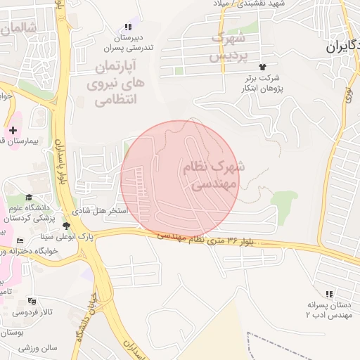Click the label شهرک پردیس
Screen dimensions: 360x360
pos(230,44)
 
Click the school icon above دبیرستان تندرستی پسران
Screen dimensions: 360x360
pos(127,27)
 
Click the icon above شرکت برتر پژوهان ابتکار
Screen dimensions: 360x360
pos(262,66)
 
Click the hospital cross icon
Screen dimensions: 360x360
pos(13,130)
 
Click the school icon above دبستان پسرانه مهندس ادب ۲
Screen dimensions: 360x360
pos(329,294)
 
